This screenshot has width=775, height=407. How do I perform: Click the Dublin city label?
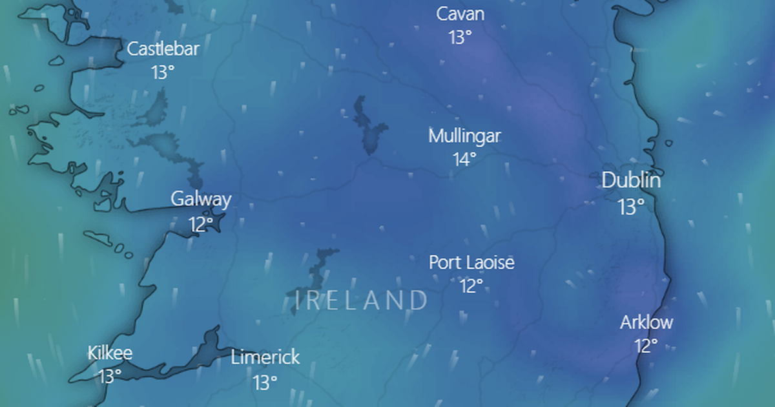631,181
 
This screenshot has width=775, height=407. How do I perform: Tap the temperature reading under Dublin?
631,207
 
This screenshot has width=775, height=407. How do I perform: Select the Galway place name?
201,199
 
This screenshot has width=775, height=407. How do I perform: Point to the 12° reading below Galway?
201,225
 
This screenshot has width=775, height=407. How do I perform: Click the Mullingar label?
464,136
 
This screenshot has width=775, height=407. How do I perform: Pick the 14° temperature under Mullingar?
464,160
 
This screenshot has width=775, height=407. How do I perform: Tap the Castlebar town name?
163,49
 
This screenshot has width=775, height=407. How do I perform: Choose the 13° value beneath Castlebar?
163,72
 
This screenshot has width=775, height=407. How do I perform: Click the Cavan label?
460,14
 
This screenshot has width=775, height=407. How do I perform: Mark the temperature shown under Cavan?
460,37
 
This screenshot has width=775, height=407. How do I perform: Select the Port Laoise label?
472,263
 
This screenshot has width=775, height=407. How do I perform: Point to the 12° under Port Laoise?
471,286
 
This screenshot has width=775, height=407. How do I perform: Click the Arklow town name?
646,322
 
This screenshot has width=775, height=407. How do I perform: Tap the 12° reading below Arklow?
646,346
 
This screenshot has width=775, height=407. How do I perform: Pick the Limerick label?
265,357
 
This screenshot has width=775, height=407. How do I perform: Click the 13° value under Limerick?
265,382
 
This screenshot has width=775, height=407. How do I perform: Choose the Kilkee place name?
110,353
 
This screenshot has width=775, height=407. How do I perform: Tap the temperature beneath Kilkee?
110,376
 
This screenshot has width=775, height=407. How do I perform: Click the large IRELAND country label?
361,300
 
